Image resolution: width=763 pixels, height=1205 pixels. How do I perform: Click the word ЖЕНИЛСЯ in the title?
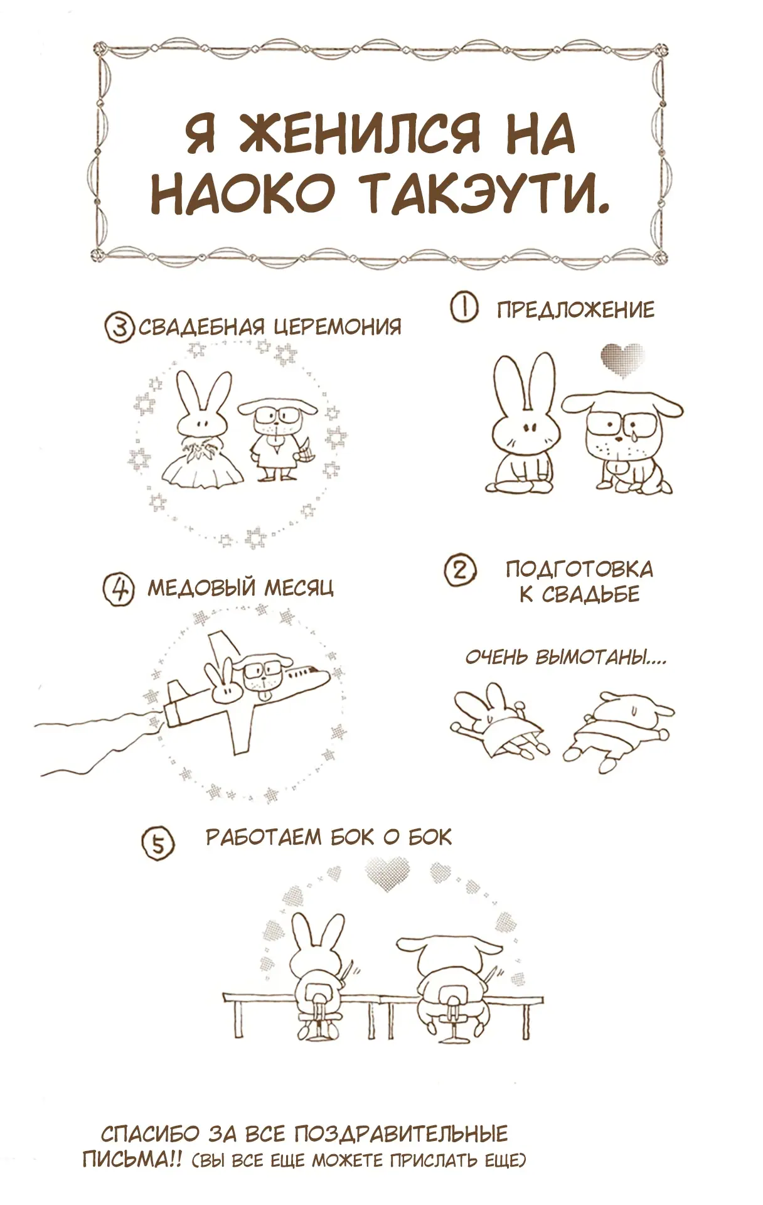tap(360, 133)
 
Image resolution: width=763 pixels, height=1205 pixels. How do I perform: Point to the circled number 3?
tap(119, 327)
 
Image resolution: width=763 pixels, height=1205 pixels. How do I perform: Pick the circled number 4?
tap(119, 589)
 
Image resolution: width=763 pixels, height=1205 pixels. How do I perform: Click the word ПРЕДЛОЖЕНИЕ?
tap(575, 310)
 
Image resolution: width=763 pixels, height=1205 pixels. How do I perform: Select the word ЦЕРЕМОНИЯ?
tap(338, 326)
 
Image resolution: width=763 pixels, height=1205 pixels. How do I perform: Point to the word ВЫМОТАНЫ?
tap(600, 657)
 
